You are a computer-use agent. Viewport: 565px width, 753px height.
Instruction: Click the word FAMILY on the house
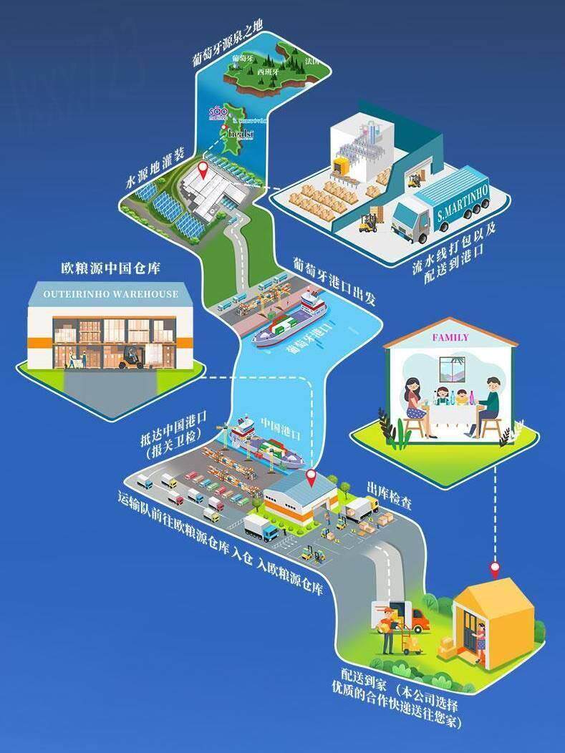[x=450, y=337]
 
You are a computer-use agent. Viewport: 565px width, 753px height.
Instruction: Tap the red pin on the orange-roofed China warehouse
[x=312, y=477]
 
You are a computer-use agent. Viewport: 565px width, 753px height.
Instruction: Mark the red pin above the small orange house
[x=494, y=570]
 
